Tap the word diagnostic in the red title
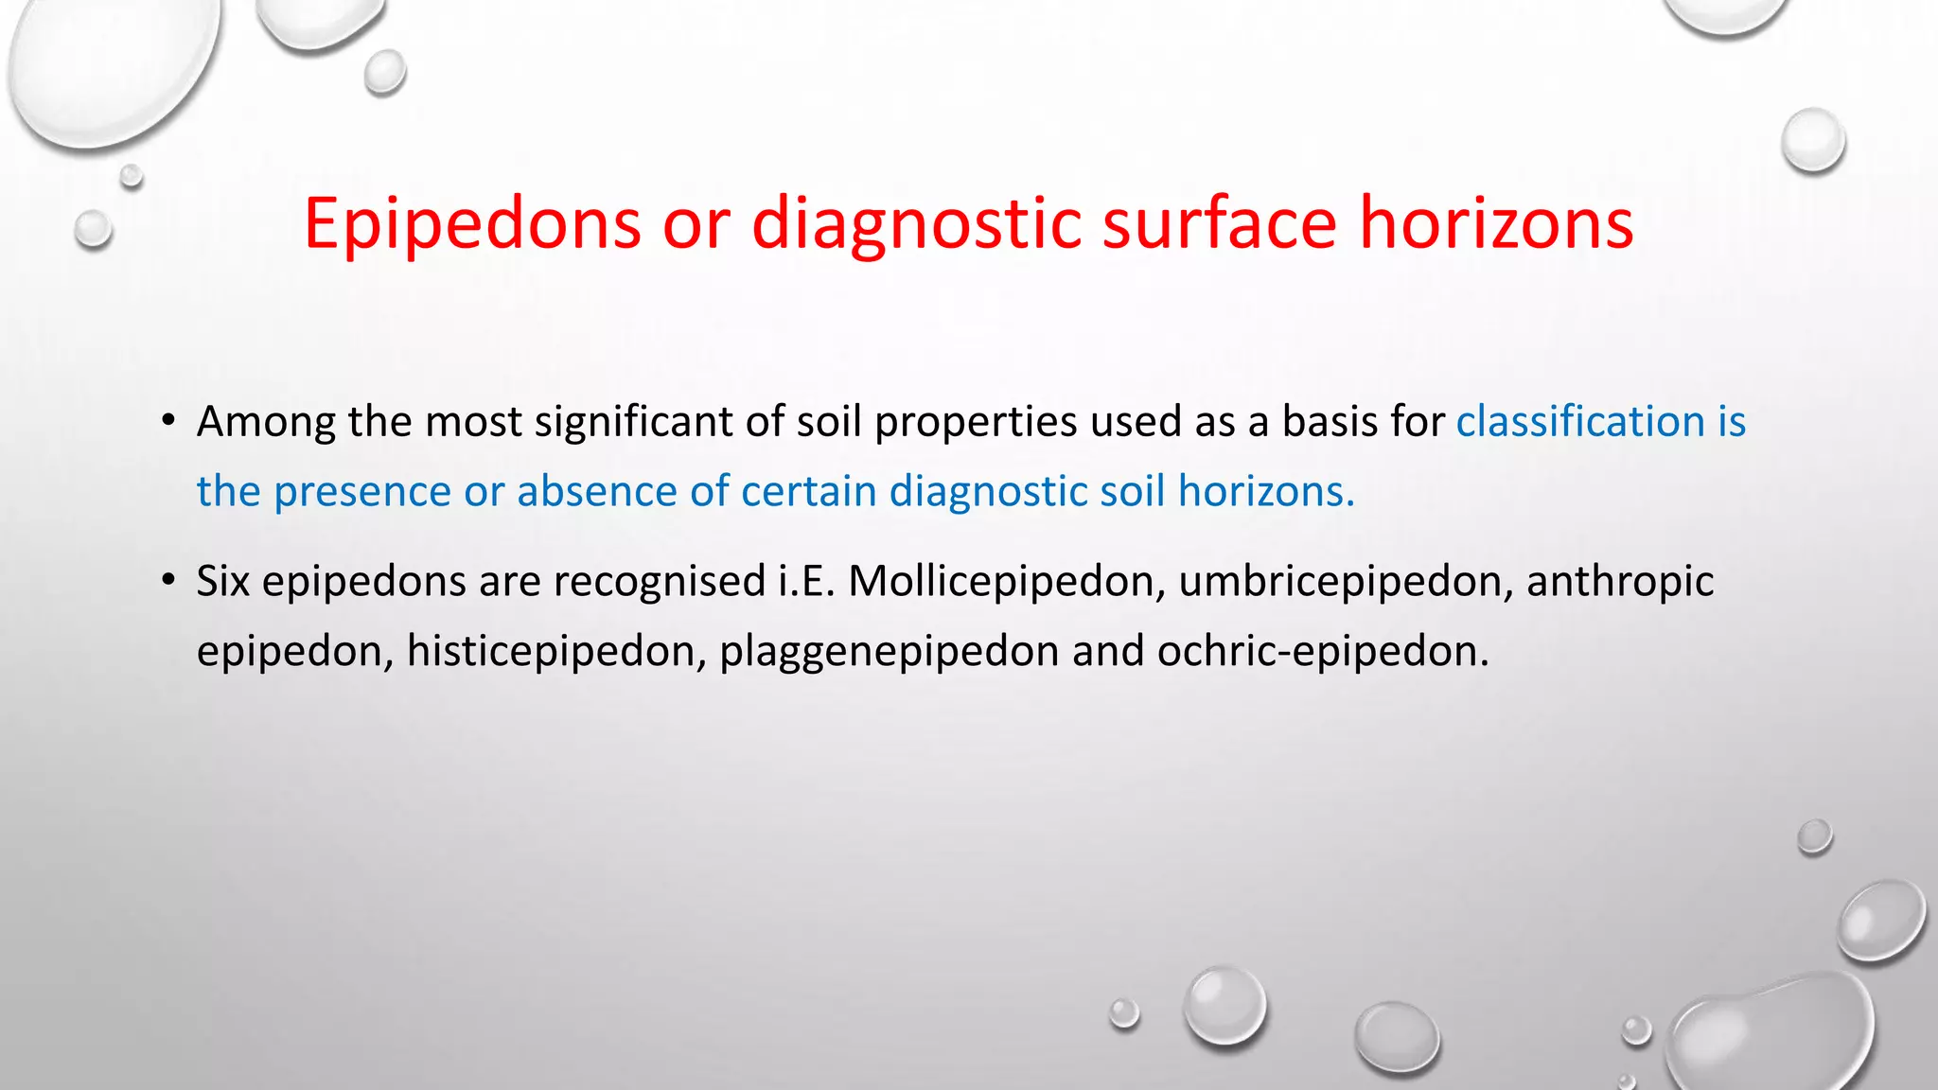tap(915, 225)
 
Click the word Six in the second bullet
tap(222, 581)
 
